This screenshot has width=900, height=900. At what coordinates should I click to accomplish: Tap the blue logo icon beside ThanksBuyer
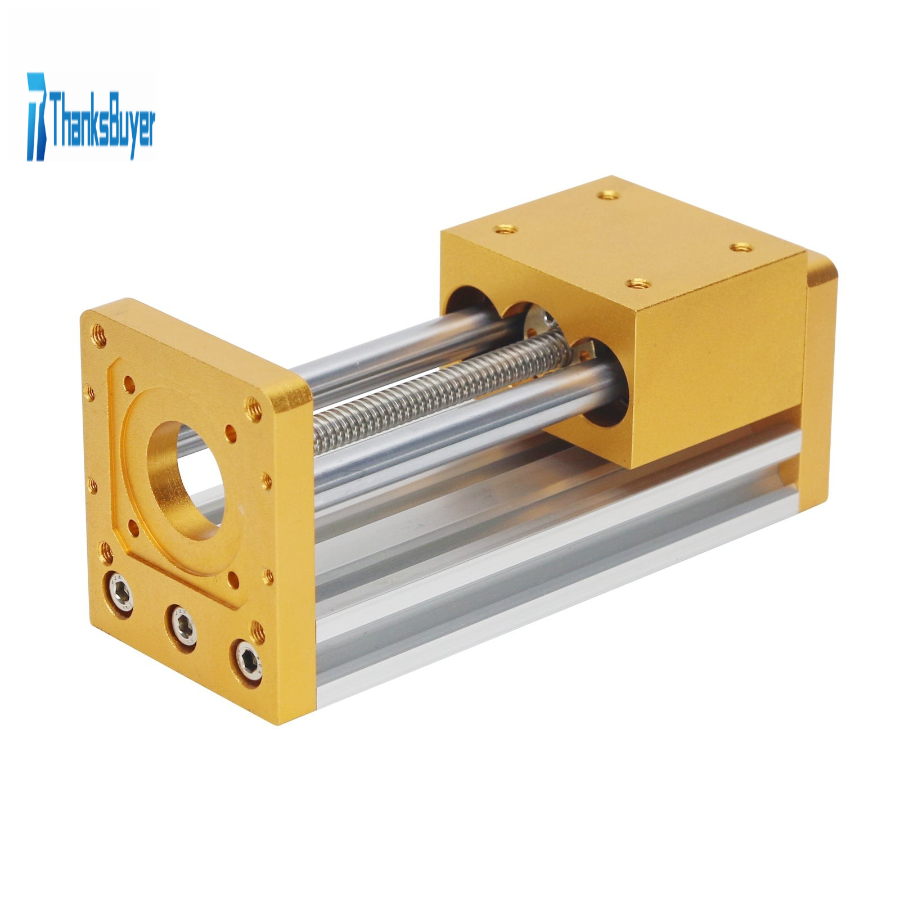[37, 116]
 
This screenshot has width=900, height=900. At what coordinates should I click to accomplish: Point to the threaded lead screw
[434, 389]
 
